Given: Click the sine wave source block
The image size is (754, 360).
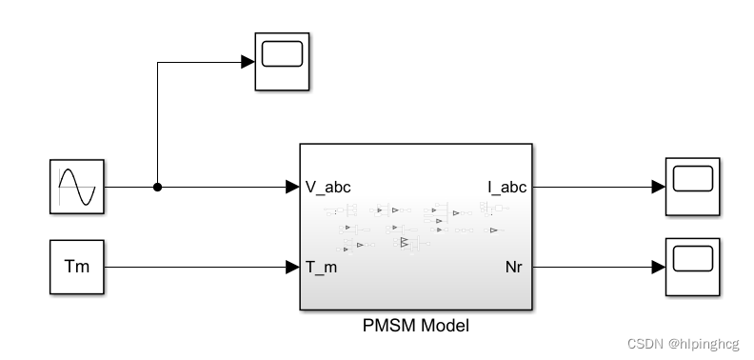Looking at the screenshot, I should (x=76, y=187).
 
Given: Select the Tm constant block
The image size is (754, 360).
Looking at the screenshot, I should (x=76, y=267).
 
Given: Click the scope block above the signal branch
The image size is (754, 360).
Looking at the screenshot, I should (x=281, y=62).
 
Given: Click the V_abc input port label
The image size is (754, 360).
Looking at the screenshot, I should (x=328, y=187).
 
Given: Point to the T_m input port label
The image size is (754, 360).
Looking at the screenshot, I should (x=322, y=268).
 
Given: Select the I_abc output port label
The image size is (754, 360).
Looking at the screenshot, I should (x=506, y=187).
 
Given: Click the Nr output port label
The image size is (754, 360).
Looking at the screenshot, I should (x=515, y=268).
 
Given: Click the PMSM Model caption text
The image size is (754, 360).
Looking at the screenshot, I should (x=416, y=326).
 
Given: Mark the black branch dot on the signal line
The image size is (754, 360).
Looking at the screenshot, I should (x=157, y=187).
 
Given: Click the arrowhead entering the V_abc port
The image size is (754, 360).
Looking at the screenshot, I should (x=292, y=187).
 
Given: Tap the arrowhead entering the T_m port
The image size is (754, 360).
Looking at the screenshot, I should (x=292, y=267).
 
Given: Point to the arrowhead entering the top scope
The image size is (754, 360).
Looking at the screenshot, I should (x=248, y=62).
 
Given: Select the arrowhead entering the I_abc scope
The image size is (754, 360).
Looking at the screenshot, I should (x=658, y=187).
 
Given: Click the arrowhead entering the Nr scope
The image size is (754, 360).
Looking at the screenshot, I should (x=658, y=267).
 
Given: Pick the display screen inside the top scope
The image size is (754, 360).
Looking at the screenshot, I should (x=281, y=55).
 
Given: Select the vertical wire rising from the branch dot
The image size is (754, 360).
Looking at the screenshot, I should (x=157, y=124).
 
